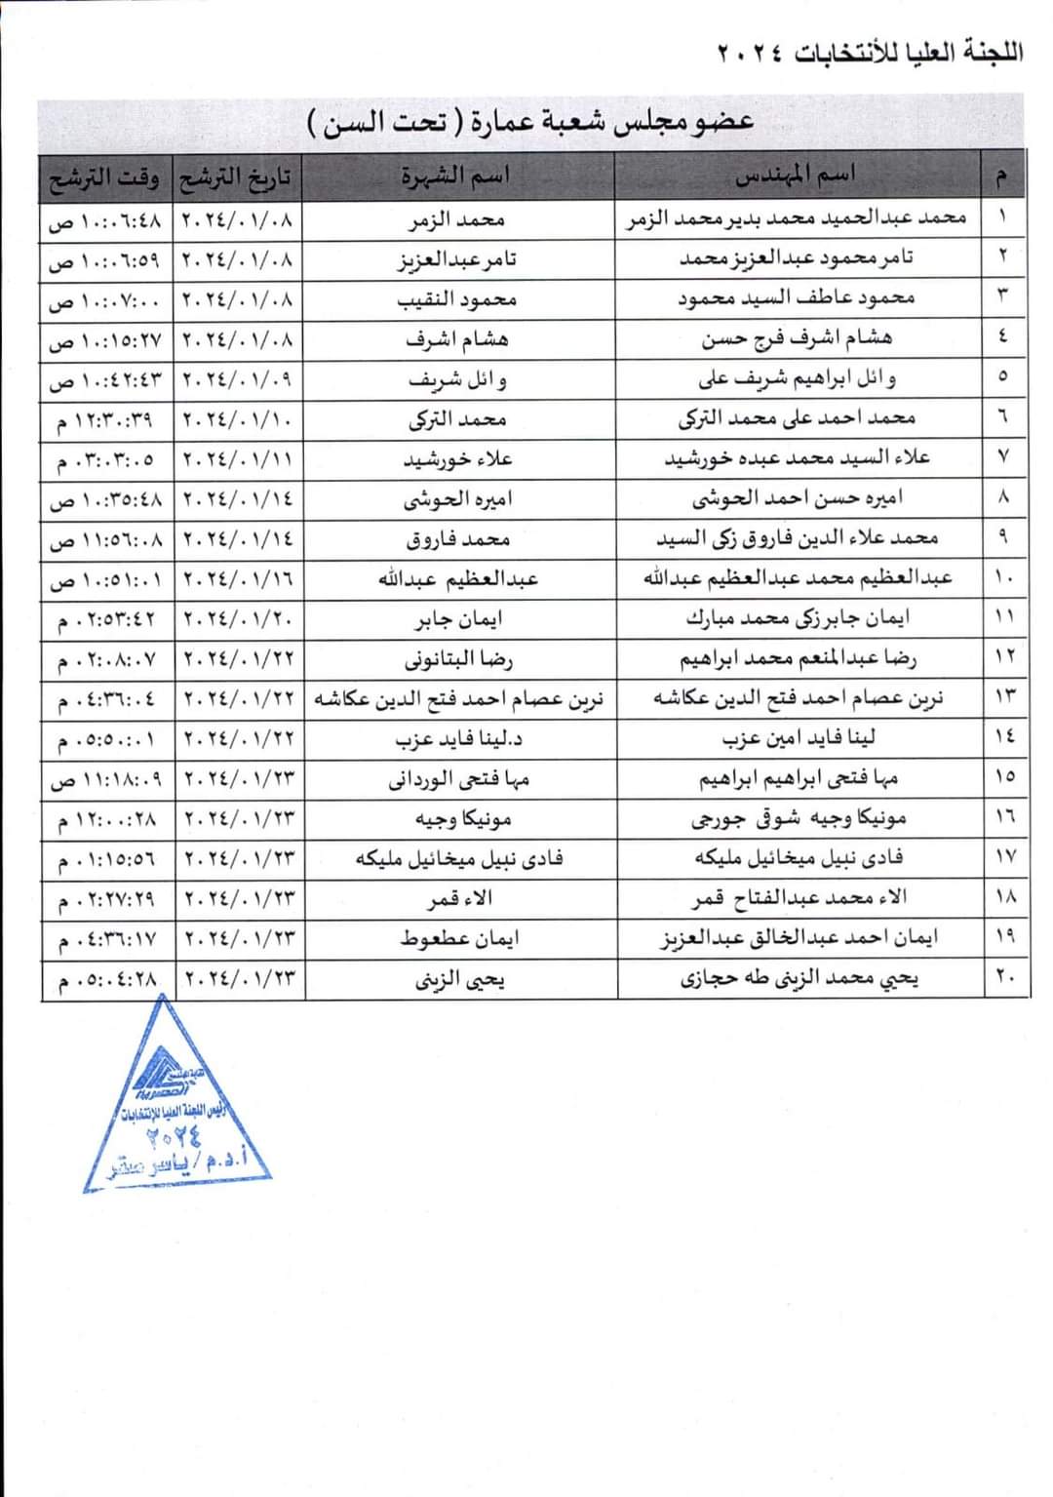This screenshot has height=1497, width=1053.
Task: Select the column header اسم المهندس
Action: [795, 177]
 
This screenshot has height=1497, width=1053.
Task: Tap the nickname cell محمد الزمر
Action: [455, 219]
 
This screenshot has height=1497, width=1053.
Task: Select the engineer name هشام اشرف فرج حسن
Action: [796, 339]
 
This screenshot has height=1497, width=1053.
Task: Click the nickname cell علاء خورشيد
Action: [457, 459]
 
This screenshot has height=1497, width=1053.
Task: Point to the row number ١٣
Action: [1004, 698]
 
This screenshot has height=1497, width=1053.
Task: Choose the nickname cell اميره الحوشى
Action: [457, 499]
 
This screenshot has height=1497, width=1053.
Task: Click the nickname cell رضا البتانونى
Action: [457, 659]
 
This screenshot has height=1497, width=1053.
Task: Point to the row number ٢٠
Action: [1004, 978]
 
